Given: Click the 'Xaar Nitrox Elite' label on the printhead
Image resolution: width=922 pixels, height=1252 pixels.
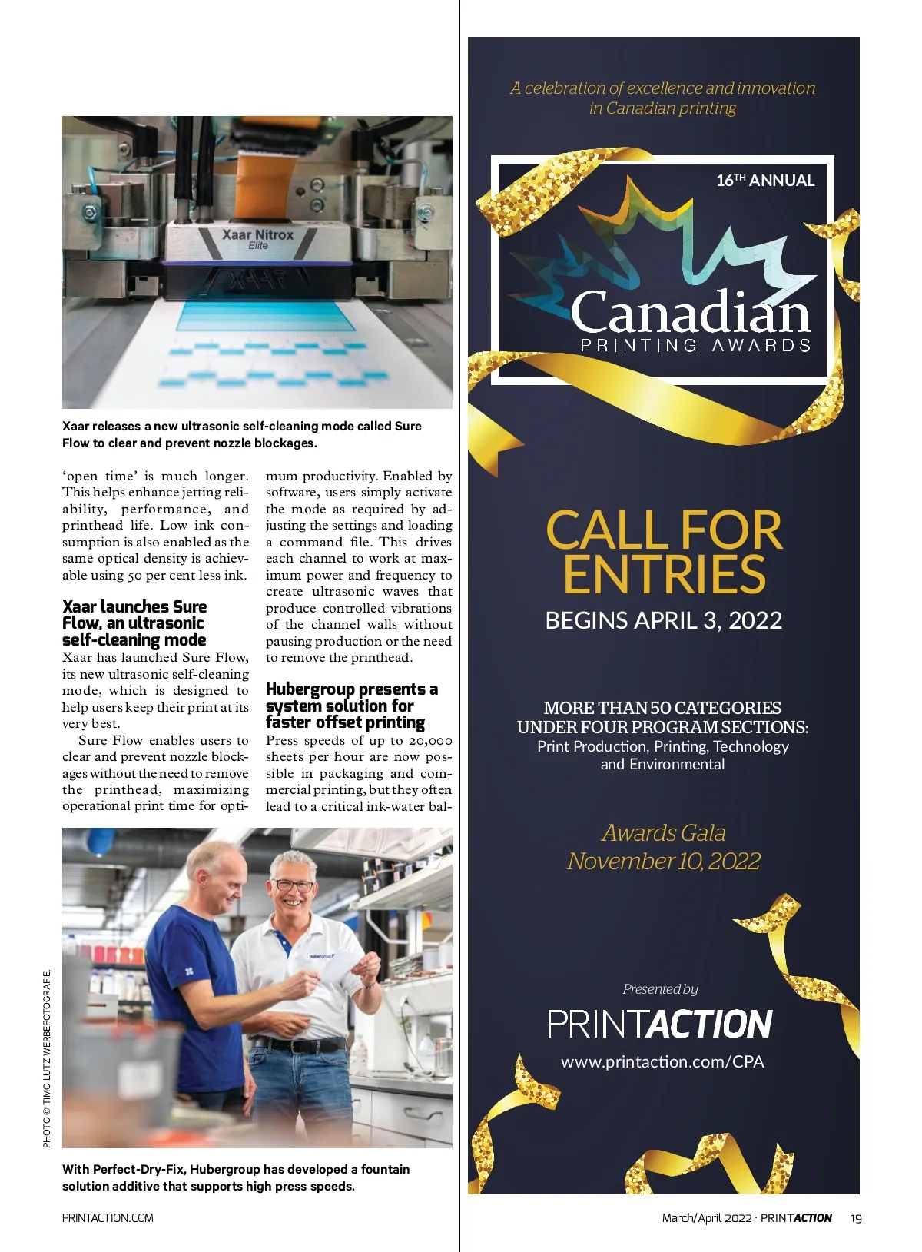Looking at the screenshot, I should [257, 238].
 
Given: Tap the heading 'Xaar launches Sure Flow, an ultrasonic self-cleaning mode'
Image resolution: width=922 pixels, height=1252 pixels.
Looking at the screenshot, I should [134, 623].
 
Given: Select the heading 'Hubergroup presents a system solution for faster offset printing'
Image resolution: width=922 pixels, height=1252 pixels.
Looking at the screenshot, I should [350, 706].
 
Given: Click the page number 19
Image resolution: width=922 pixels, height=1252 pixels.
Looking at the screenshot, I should [856, 1218].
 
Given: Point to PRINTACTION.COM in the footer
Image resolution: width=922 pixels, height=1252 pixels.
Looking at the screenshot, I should [108, 1218].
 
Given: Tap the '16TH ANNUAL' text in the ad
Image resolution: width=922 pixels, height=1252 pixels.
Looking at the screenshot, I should [764, 181].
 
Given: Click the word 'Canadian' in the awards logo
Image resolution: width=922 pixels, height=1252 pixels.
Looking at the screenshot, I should [690, 312].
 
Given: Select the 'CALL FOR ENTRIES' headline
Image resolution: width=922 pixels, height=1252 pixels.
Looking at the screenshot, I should [664, 552].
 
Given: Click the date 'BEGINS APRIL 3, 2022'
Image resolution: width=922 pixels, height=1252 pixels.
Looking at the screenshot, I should [663, 620].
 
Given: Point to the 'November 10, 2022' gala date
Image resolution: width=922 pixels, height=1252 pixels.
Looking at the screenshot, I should [663, 861].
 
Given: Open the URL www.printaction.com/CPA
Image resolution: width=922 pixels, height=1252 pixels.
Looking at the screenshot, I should [662, 1061].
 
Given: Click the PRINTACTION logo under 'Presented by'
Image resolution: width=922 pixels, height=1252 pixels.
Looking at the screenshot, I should [659, 1024].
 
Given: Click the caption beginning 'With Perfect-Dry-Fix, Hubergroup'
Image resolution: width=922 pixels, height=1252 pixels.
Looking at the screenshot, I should [236, 1177].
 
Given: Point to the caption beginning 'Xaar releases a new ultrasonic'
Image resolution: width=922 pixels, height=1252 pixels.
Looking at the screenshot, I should [241, 434].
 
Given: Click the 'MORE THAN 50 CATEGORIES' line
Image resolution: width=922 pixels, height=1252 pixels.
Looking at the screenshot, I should [662, 708].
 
